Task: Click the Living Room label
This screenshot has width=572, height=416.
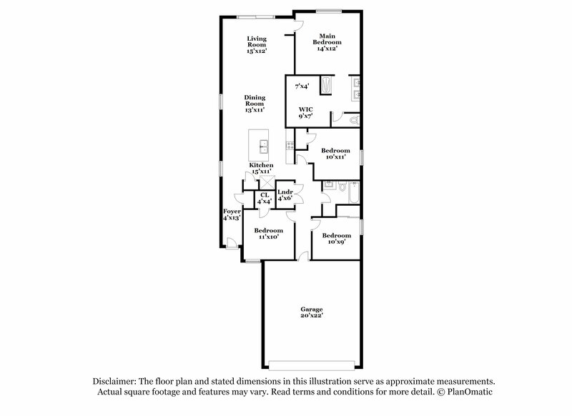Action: click(257, 44)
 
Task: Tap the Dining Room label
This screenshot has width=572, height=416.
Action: click(255, 104)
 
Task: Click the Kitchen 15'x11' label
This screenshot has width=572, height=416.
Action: click(261, 168)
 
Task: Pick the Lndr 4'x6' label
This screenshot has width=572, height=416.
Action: click(285, 194)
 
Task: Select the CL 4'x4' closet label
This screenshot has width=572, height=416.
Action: click(264, 197)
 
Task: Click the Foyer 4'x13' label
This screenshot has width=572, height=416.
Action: click(231, 214)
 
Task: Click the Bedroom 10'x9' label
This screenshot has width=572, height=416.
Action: click(336, 239)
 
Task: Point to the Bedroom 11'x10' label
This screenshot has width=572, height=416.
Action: click(269, 233)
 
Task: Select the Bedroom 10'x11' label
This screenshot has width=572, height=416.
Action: click(335, 154)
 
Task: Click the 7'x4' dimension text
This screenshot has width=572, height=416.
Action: click(301, 86)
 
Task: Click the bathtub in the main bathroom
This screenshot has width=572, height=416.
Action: click(326, 86)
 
